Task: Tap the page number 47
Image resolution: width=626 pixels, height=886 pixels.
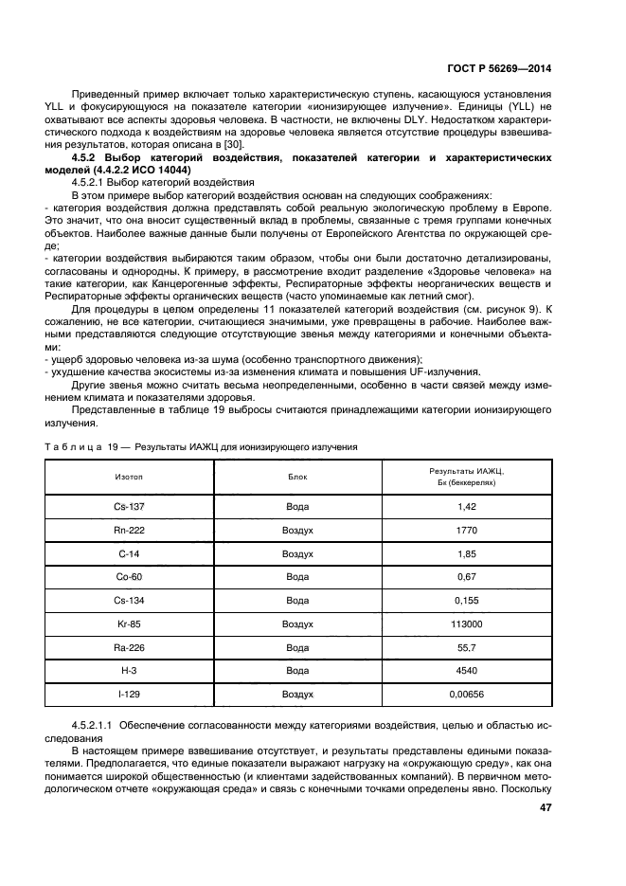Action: pyautogui.click(x=546, y=808)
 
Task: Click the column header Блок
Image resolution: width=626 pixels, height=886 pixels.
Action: pyautogui.click(x=297, y=477)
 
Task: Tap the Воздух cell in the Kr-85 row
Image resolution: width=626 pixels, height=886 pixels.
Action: pyautogui.click(x=297, y=624)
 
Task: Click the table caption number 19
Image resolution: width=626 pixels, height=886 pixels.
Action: pyautogui.click(x=119, y=445)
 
